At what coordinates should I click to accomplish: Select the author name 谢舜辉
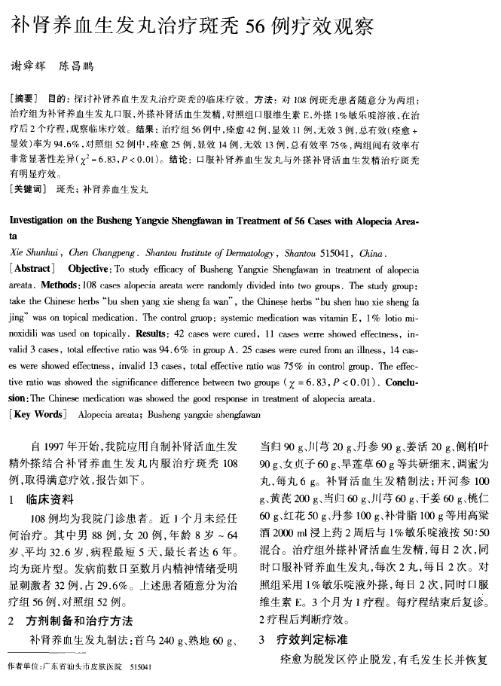pos(29,66)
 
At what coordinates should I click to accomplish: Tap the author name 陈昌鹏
pos(78,66)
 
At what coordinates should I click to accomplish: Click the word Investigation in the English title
pos(40,223)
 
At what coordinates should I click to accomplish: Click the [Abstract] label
pos(32,269)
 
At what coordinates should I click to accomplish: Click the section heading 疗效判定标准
pos(312,639)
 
